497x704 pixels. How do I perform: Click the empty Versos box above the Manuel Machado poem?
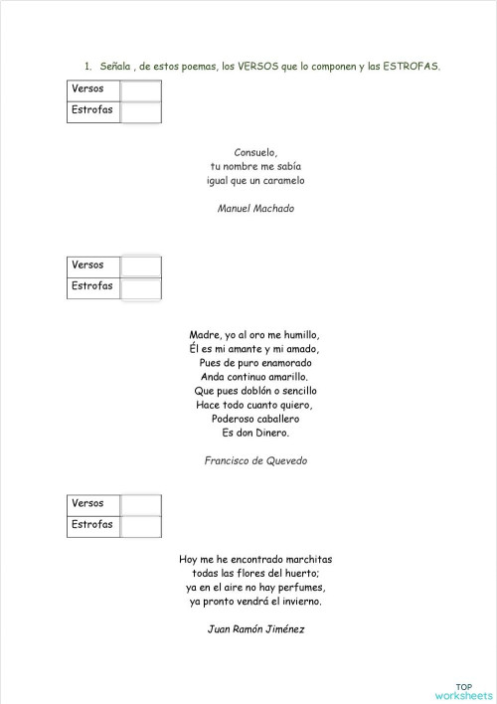click(x=140, y=89)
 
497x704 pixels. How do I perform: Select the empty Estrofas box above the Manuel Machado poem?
click(x=140, y=110)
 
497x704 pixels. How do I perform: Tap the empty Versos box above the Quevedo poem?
click(x=140, y=265)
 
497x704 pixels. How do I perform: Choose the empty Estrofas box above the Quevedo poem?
click(x=140, y=286)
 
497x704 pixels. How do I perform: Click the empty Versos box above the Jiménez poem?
click(x=140, y=504)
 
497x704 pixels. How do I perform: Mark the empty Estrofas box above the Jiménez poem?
click(x=140, y=525)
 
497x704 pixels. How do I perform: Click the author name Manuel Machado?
click(x=255, y=209)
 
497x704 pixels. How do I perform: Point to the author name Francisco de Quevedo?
click(x=255, y=460)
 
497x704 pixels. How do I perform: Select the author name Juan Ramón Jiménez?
click(x=255, y=628)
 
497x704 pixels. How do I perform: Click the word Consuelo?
click(x=254, y=152)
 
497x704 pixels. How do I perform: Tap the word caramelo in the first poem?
click(x=282, y=181)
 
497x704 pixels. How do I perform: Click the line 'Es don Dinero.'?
click(x=255, y=433)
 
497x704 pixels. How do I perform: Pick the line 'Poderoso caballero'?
click(x=255, y=419)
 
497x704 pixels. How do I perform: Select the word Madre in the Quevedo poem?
click(x=204, y=335)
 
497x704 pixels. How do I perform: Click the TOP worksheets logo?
click(x=463, y=691)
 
